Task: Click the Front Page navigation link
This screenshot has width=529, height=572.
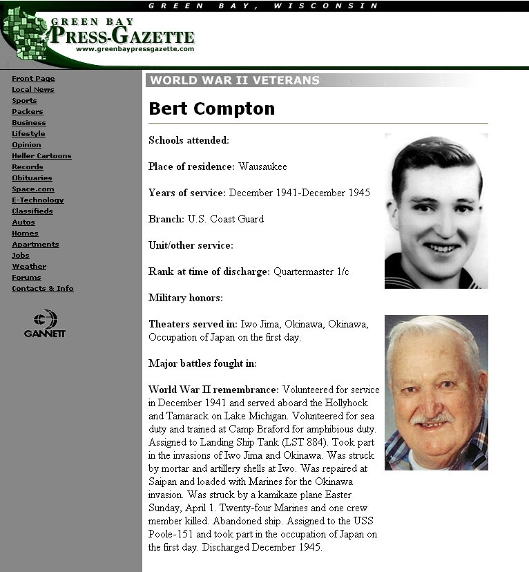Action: (x=33, y=79)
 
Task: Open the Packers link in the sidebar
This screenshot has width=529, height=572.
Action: (x=27, y=112)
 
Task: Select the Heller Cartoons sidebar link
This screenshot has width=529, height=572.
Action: (x=41, y=156)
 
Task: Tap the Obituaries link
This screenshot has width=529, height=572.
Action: (x=32, y=178)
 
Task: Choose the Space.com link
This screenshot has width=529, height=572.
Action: (x=32, y=189)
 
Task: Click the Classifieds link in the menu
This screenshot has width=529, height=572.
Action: (x=32, y=211)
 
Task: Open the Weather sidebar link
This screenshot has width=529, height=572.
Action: (x=29, y=267)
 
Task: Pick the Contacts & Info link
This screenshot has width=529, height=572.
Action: (x=42, y=289)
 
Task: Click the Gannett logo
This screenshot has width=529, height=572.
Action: (x=45, y=323)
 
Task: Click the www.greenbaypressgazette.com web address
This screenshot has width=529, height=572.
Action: (x=135, y=49)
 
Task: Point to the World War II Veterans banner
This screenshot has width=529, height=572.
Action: (x=235, y=80)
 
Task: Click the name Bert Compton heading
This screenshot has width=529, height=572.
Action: (x=212, y=109)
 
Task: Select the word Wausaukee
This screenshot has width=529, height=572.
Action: (x=262, y=166)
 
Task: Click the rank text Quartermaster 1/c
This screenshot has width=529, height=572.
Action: (x=311, y=271)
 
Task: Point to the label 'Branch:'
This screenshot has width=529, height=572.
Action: (x=166, y=219)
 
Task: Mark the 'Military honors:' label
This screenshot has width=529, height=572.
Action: (x=185, y=298)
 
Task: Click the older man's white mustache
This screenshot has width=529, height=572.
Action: (x=432, y=417)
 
